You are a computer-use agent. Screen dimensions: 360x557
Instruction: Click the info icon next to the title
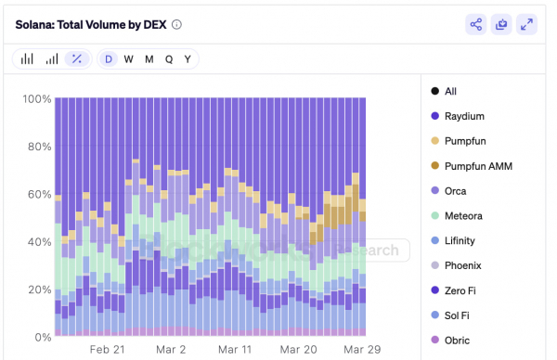point(176,25)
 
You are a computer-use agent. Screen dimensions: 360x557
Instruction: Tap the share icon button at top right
point(476,25)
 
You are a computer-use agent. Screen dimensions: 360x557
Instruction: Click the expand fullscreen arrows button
point(526,25)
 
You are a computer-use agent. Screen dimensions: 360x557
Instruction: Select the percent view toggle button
point(77,59)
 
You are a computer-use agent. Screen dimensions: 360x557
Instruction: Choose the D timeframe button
point(109,59)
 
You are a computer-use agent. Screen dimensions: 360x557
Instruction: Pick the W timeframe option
point(129,59)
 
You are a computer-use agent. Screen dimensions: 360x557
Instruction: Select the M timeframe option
point(149,59)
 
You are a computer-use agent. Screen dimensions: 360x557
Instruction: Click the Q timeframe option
point(169,59)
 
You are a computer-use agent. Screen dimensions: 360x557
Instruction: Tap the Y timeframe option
point(188,59)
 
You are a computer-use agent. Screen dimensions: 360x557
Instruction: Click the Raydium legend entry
point(464,116)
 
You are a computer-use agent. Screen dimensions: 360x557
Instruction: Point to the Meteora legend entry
point(464,216)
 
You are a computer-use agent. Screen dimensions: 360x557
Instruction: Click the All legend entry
point(450,91)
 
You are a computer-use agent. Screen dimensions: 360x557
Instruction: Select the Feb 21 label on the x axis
point(106,350)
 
